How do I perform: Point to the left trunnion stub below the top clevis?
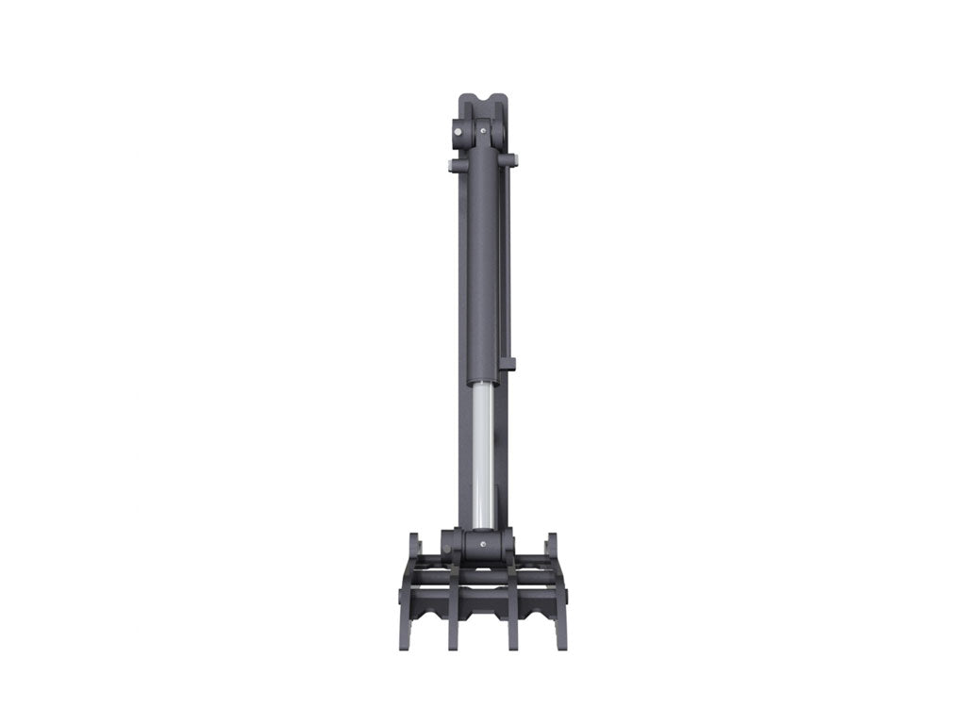[455, 167]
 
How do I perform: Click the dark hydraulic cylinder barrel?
[482, 264]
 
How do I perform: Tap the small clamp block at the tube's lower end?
[508, 363]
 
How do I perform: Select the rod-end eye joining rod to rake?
[481, 544]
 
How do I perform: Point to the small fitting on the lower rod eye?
[483, 542]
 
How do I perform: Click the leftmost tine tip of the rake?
[405, 644]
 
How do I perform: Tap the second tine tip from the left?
[454, 644]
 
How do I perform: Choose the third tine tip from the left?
[513, 644]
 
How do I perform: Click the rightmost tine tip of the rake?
[562, 644]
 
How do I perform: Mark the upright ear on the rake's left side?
[414, 547]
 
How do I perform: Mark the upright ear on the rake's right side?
[552, 547]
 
